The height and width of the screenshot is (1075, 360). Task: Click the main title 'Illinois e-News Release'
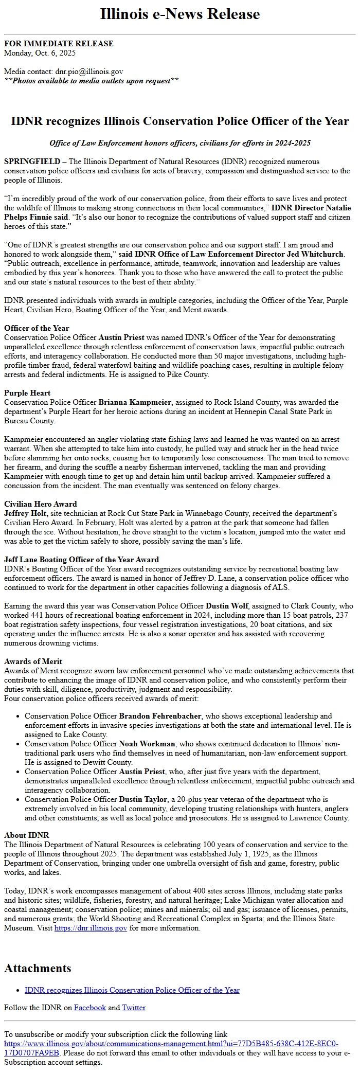click(x=180, y=14)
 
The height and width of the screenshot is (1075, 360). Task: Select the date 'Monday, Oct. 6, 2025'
click(x=40, y=52)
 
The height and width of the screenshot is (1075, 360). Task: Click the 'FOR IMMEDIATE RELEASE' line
click(x=59, y=44)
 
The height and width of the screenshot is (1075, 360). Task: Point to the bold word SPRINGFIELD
click(x=32, y=162)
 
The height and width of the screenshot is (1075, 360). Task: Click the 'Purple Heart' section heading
click(x=27, y=393)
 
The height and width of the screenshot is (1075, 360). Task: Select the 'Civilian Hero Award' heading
click(x=41, y=504)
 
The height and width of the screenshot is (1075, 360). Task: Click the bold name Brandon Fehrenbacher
click(x=160, y=716)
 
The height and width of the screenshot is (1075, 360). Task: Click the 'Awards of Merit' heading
click(x=33, y=661)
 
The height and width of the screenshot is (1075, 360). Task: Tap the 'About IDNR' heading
click(x=27, y=835)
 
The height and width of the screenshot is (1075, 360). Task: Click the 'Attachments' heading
click(x=38, y=969)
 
